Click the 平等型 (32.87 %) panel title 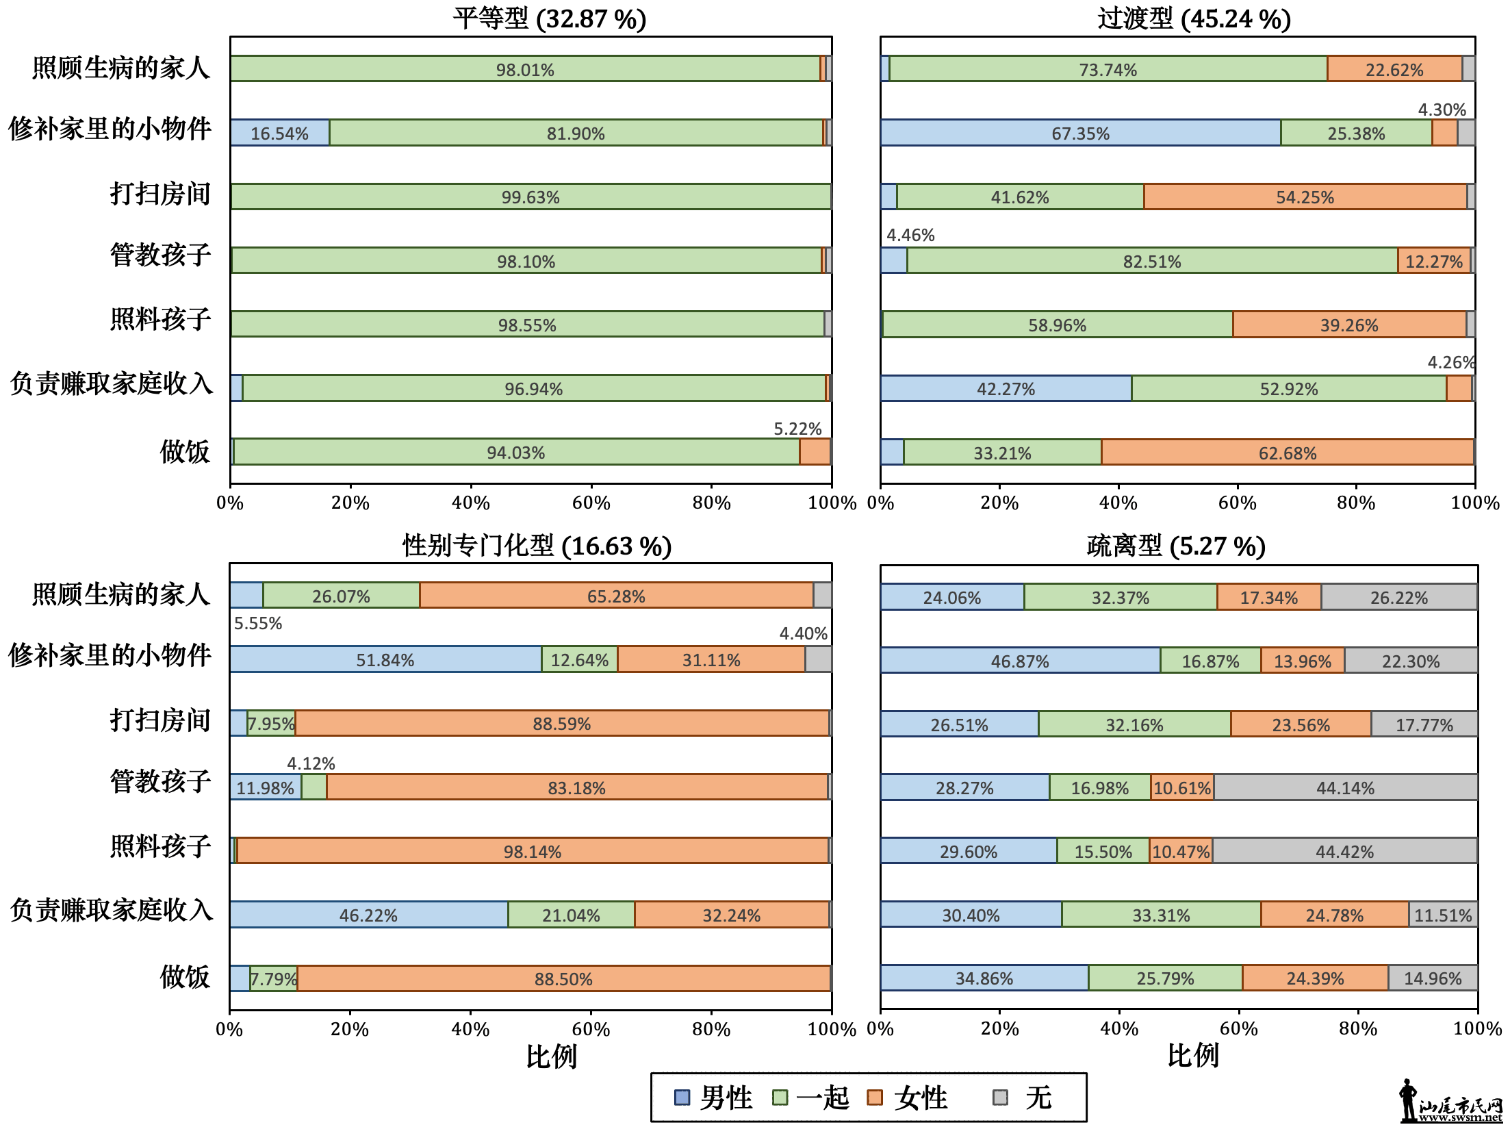point(549,18)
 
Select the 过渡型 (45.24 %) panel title point(1194,18)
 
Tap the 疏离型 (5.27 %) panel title point(1175,546)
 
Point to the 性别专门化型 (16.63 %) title point(537,546)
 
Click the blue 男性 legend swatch point(682,1098)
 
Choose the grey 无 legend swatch point(1000,1098)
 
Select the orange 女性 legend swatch point(874,1098)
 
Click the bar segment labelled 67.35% point(1080,133)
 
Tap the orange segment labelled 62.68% point(1287,453)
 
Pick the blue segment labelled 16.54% point(279,133)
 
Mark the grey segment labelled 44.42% point(1344,851)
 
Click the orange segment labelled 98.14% point(532,851)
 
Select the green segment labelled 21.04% point(571,915)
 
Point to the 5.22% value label point(797,429)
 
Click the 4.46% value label point(910,235)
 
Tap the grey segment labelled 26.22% point(1398,597)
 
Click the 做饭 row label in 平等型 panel point(185,452)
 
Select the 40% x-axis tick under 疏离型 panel point(1119,1028)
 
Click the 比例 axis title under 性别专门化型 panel point(552,1056)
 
